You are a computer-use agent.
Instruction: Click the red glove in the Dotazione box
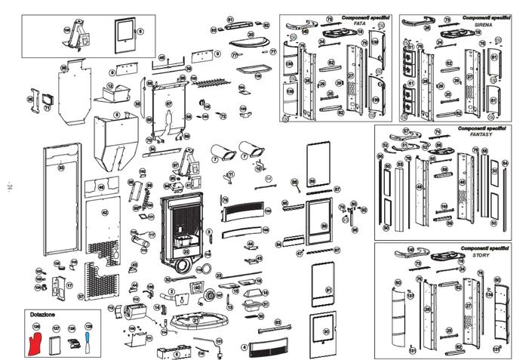35,337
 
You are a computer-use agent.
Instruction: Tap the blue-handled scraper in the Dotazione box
88,339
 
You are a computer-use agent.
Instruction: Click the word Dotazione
42,313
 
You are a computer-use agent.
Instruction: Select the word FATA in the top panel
360,23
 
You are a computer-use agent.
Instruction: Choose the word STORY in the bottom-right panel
481,255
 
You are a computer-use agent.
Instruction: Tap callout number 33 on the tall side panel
62,168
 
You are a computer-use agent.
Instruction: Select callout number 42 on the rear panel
106,212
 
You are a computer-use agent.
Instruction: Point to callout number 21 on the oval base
196,320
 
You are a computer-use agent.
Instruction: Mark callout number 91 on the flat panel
329,290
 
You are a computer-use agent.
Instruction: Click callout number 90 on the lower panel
327,331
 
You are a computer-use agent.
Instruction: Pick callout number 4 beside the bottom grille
244,348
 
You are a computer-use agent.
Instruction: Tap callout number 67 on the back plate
169,103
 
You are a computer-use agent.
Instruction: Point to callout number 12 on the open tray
110,86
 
